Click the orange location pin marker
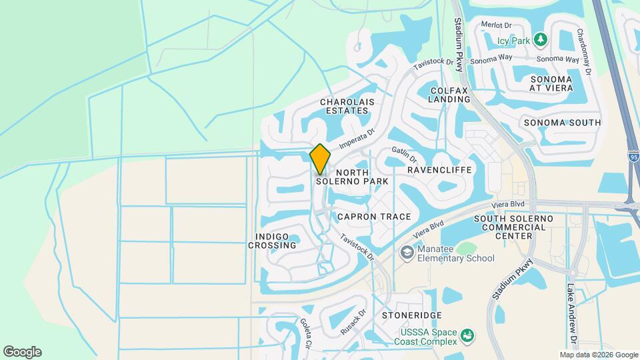pyautogui.click(x=320, y=158)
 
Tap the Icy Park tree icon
pyautogui.click(x=541, y=41)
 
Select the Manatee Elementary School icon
pyautogui.click(x=406, y=253)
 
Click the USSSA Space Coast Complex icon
pyautogui.click(x=467, y=334)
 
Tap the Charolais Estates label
pyautogui.click(x=347, y=106)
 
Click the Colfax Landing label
pyautogui.click(x=450, y=95)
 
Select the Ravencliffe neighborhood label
pyautogui.click(x=439, y=170)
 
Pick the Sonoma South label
pyautogui.click(x=562, y=123)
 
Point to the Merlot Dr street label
pyautogui.click(x=496, y=25)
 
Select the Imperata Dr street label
pyautogui.click(x=357, y=139)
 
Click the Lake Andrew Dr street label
pyautogui.click(x=571, y=309)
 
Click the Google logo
pyautogui.click(x=22, y=352)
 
